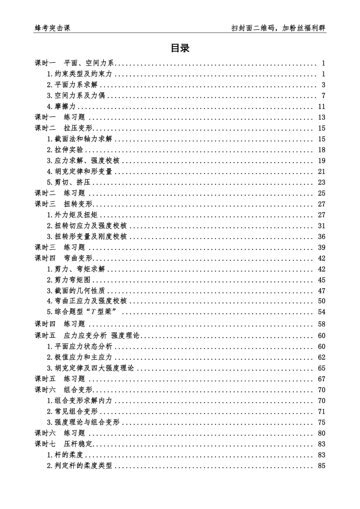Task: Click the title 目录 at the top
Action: pyautogui.click(x=180, y=48)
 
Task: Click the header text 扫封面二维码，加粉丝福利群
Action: pyautogui.click(x=279, y=28)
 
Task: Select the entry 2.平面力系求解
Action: pyautogui.click(x=72, y=85)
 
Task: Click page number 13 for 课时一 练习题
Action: pyautogui.click(x=321, y=117)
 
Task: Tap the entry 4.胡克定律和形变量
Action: pyautogui.click(x=80, y=172)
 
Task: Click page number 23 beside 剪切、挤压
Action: pyautogui.click(x=321, y=183)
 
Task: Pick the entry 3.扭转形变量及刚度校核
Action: pyautogui.click(x=87, y=237)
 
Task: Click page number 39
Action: pyautogui.click(x=321, y=248)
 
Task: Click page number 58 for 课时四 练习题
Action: pyautogui.click(x=321, y=324)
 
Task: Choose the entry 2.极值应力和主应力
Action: pyautogui.click(x=80, y=358)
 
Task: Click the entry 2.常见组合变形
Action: pyautogui.click(x=72, y=412)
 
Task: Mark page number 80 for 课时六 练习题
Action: pyautogui.click(x=321, y=433)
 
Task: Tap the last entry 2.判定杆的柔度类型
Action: pyautogui.click(x=80, y=466)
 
